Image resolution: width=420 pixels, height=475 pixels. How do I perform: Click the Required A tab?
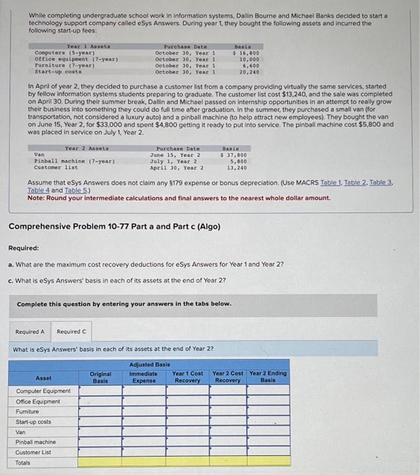point(30,331)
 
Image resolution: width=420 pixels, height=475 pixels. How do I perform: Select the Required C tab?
point(71,331)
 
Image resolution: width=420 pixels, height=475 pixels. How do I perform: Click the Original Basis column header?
point(101,377)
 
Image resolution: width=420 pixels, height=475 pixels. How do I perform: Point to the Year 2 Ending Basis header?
point(268,377)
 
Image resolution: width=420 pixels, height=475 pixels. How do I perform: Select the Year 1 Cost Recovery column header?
point(187,377)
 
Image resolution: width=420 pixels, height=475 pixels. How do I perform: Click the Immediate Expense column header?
point(143,377)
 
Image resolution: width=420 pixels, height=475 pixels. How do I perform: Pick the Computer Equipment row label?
point(43,391)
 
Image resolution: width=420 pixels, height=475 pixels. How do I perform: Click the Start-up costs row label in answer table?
point(33,421)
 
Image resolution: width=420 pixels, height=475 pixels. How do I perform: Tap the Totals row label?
point(23,462)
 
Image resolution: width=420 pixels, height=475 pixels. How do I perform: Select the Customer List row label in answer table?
point(33,452)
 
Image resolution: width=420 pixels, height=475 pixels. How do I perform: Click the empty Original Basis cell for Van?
point(101,432)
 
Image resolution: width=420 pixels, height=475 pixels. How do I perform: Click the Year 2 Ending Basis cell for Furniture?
point(268,411)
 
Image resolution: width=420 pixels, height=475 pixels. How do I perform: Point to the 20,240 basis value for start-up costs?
point(248,71)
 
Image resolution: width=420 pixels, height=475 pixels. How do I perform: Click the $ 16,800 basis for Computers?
point(246,53)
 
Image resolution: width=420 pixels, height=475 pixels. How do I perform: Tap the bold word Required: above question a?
point(22,248)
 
